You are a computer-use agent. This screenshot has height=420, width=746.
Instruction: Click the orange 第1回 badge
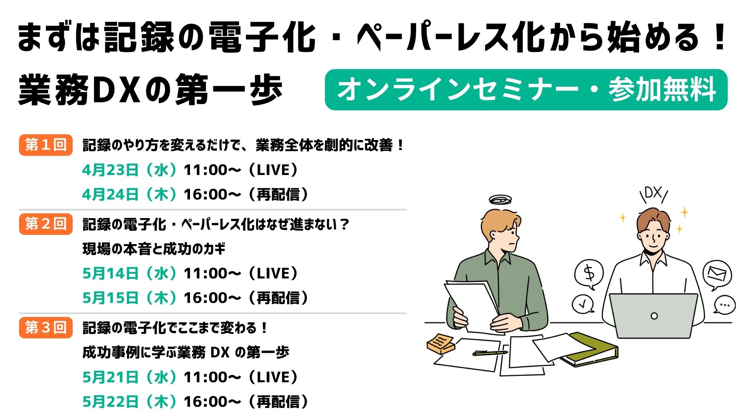[x=46, y=145]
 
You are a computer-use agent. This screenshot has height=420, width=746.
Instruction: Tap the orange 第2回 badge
[x=46, y=224]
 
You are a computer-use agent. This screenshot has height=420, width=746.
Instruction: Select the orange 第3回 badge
[x=46, y=328]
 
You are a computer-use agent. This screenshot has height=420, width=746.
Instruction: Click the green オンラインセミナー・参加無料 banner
[x=526, y=90]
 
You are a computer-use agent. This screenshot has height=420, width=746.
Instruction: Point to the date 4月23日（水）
[x=130, y=170]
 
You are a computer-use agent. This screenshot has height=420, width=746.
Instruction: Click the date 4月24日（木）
[x=130, y=194]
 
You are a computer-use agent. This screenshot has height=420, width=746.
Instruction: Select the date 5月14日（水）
[x=130, y=273]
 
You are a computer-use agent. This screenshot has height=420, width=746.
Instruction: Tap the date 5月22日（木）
[x=130, y=402]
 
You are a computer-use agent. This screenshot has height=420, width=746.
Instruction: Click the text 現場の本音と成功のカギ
[x=154, y=249]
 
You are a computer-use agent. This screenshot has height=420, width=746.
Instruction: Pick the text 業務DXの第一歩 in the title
[x=150, y=90]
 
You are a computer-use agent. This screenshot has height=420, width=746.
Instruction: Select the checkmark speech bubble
[x=583, y=304]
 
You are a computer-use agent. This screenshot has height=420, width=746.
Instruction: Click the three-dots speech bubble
[x=724, y=304]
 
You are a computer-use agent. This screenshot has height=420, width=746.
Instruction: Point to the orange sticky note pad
[x=441, y=343]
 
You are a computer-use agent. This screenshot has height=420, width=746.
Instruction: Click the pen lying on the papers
[x=490, y=353]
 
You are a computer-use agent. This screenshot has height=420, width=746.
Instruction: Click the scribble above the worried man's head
[x=500, y=200]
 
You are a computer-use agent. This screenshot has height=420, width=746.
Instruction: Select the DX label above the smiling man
[x=654, y=194]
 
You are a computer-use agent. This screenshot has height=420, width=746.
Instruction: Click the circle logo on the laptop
[x=654, y=316]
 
